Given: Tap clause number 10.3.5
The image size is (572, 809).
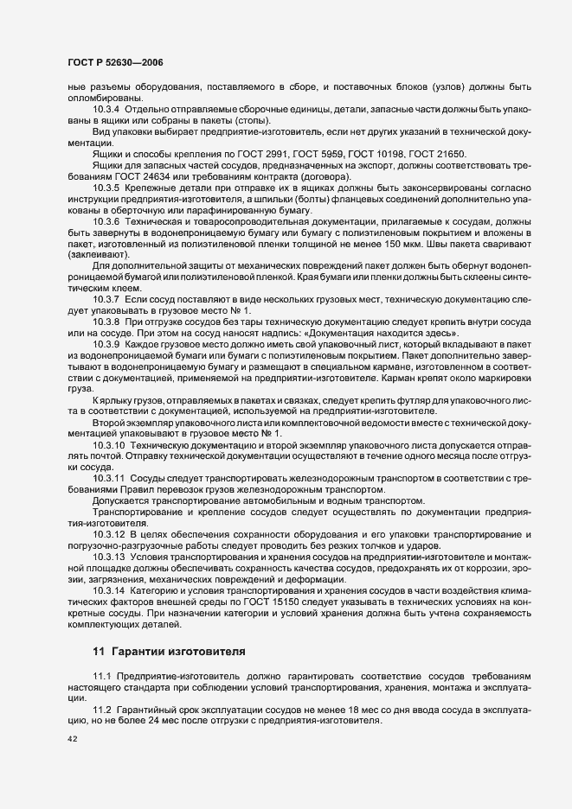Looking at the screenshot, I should pos(106,188).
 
